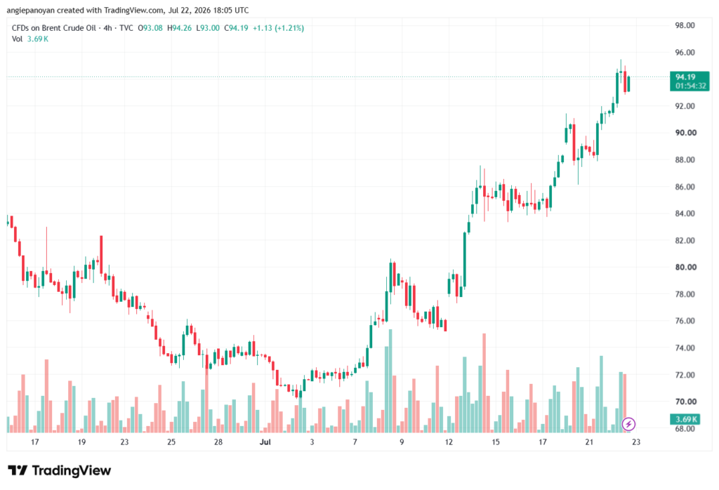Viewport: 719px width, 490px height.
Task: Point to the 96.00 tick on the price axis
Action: pos(685,52)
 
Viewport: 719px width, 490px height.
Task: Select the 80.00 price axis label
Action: pos(685,267)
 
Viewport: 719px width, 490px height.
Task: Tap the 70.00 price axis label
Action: pos(685,402)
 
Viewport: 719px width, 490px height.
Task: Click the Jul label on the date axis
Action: pos(265,442)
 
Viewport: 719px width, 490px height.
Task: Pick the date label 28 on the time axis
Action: pos(218,442)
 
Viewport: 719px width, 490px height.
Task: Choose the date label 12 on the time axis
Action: pos(449,442)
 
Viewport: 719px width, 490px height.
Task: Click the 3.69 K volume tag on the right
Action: pos(687,419)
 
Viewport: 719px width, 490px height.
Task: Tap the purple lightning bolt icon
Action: pos(628,424)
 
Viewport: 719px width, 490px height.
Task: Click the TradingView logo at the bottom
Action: pos(60,470)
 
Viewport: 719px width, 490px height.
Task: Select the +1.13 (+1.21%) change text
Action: pos(278,28)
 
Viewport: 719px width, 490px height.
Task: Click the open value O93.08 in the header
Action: pos(150,28)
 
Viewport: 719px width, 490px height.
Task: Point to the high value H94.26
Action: pos(179,28)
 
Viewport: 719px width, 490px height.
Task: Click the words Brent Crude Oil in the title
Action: pos(69,28)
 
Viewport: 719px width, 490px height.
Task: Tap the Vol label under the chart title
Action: pos(17,39)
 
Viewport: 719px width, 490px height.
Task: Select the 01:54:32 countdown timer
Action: pos(691,86)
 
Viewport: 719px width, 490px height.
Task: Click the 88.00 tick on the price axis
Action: pos(685,159)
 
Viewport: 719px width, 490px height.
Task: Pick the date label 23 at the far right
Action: pos(635,442)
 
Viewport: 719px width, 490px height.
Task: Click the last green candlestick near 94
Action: pos(628,84)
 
